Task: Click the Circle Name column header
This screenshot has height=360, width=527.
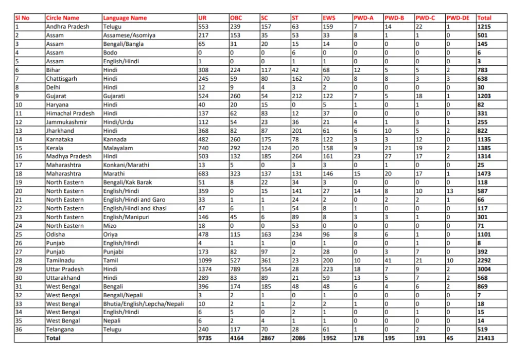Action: [x=62, y=18]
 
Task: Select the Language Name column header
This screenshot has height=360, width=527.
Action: [x=125, y=18]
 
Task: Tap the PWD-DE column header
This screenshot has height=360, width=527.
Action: [x=458, y=18]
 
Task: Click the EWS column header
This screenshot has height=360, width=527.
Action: [x=329, y=18]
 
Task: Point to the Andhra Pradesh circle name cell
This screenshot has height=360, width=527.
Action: [x=67, y=27]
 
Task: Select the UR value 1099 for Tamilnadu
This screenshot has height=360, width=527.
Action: [x=205, y=260]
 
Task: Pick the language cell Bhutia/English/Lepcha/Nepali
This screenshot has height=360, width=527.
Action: [x=143, y=303]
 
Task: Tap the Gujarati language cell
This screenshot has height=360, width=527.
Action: [x=114, y=96]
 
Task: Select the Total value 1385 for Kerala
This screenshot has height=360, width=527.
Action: [x=484, y=148]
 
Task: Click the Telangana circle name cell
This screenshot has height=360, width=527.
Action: [x=60, y=329]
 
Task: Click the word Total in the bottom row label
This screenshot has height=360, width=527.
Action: [x=53, y=338]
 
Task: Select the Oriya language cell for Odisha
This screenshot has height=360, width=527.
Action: [x=111, y=235]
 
